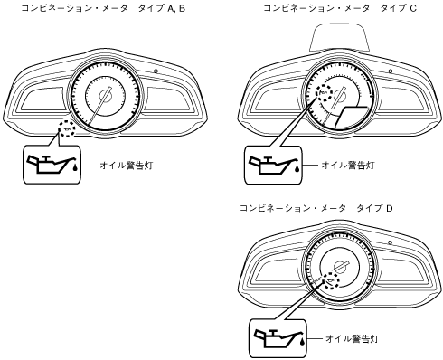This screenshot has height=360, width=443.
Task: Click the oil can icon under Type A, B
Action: point(52,165)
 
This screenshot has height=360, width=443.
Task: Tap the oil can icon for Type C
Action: point(273,165)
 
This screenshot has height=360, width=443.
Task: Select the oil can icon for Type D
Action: point(278,338)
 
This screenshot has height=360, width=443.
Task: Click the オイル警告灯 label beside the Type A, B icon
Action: point(127,166)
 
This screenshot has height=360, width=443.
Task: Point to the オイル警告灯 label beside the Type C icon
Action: point(348,165)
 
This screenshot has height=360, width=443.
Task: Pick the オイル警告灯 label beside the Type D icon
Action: point(352,338)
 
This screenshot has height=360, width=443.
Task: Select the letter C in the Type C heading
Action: point(413,8)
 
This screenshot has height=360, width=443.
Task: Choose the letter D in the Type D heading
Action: point(390,208)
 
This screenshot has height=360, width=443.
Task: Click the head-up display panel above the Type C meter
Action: point(340,38)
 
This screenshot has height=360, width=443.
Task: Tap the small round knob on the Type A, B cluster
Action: point(156,71)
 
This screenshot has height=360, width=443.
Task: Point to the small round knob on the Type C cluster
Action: point(391,71)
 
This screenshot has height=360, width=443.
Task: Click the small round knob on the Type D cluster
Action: point(390,242)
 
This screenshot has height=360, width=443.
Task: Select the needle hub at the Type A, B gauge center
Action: point(106,96)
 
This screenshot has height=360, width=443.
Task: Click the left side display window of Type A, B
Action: point(43,100)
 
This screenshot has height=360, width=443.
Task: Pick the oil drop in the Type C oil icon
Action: point(297,167)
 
